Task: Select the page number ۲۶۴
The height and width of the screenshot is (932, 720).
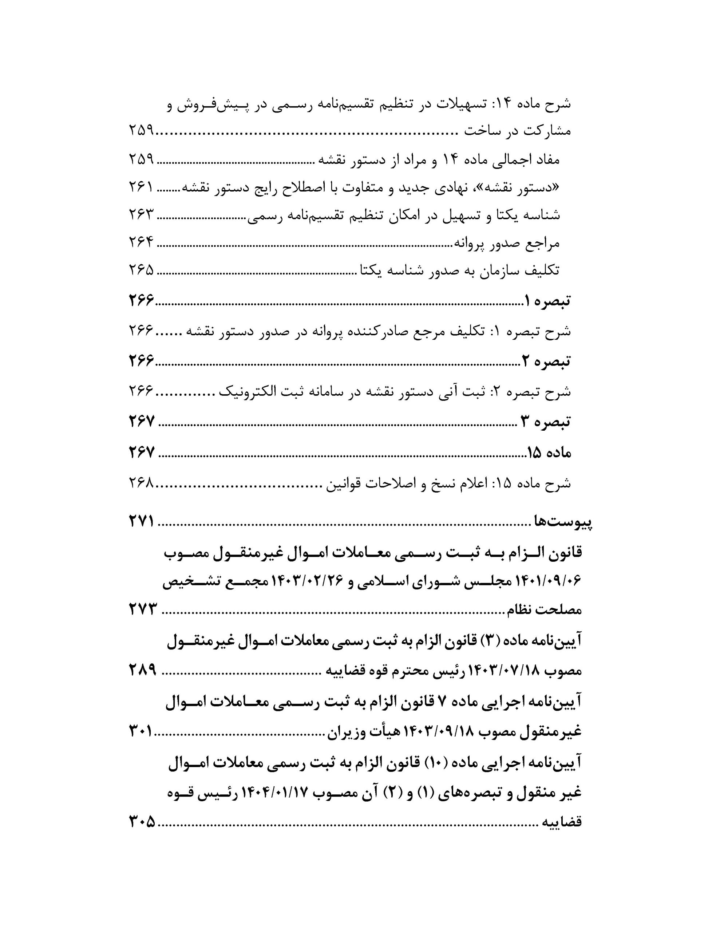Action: click(x=141, y=242)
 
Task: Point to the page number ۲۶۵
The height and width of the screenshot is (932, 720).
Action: click(x=141, y=270)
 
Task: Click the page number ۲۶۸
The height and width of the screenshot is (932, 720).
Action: click(x=141, y=483)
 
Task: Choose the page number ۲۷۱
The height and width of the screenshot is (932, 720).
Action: click(x=141, y=521)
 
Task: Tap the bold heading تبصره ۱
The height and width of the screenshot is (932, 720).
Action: click(x=547, y=301)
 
